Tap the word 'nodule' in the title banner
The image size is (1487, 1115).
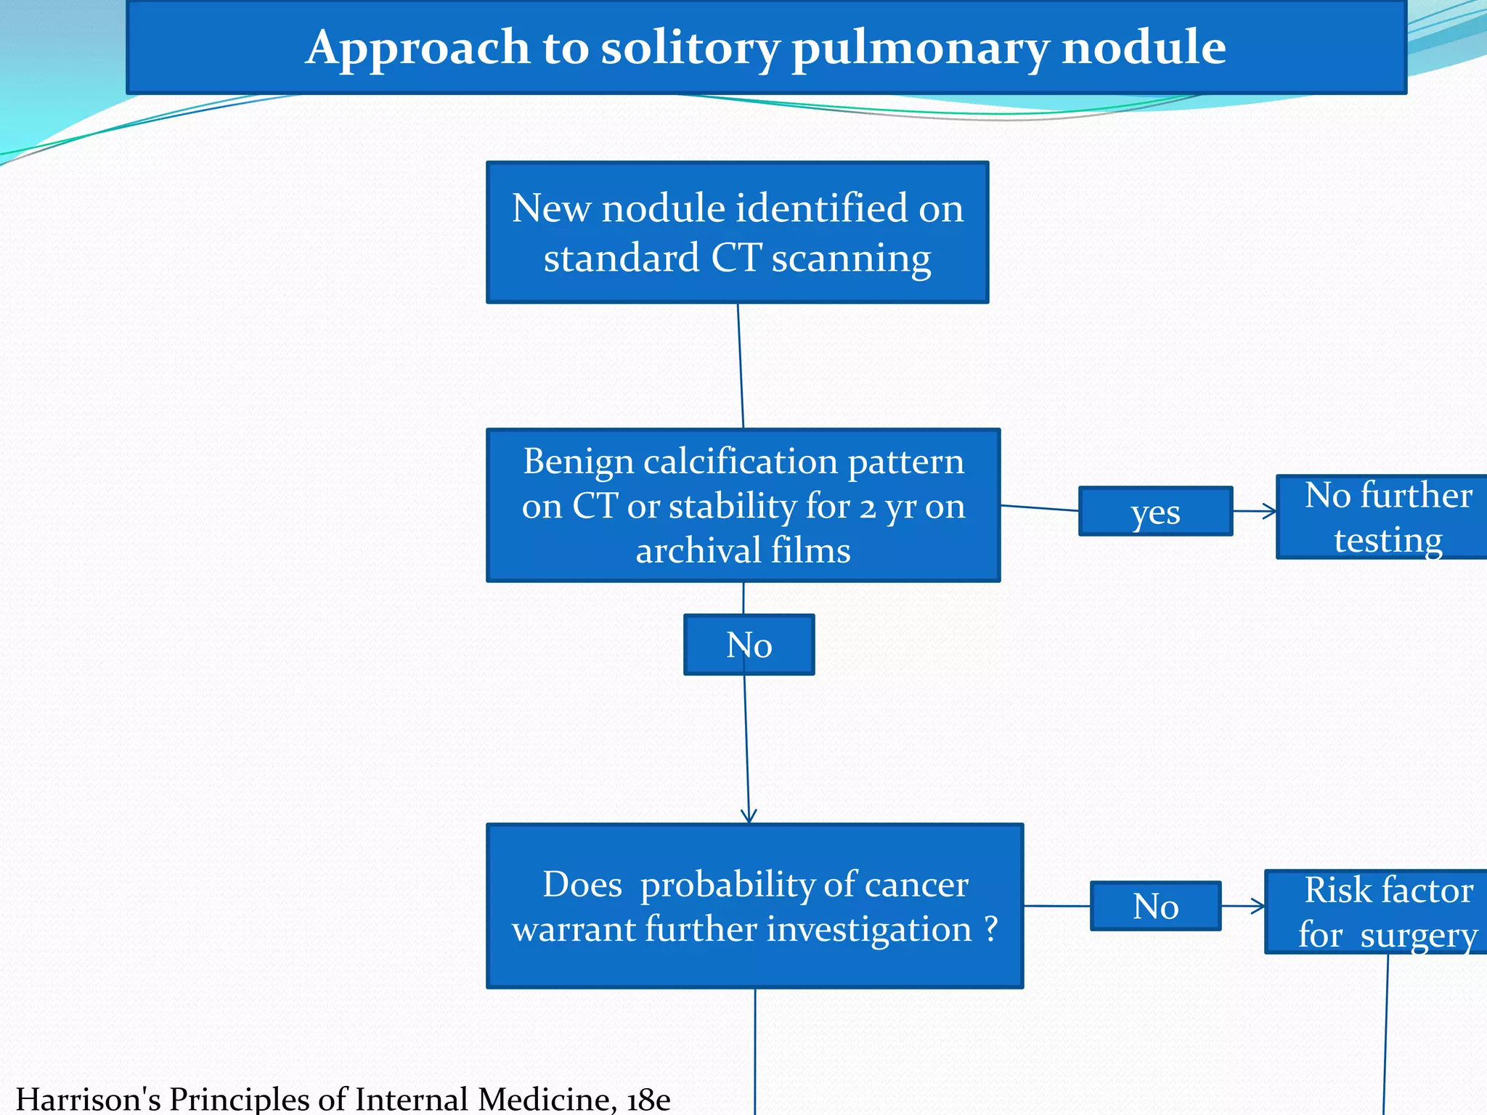pyautogui.click(x=1144, y=48)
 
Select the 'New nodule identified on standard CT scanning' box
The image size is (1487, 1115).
pyautogui.click(x=737, y=232)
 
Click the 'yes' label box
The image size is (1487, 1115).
pyautogui.click(x=1155, y=512)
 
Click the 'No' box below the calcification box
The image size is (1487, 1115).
pyautogui.click(x=749, y=645)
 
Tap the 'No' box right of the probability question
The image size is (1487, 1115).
pyautogui.click(x=1155, y=906)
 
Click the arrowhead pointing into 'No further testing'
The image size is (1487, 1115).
pyautogui.click(x=1271, y=511)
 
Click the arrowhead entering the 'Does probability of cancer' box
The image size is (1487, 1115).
pyautogui.click(x=749, y=817)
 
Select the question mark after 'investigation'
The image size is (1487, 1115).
pyautogui.click(x=991, y=930)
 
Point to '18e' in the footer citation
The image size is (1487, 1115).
pyautogui.click(x=648, y=1099)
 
